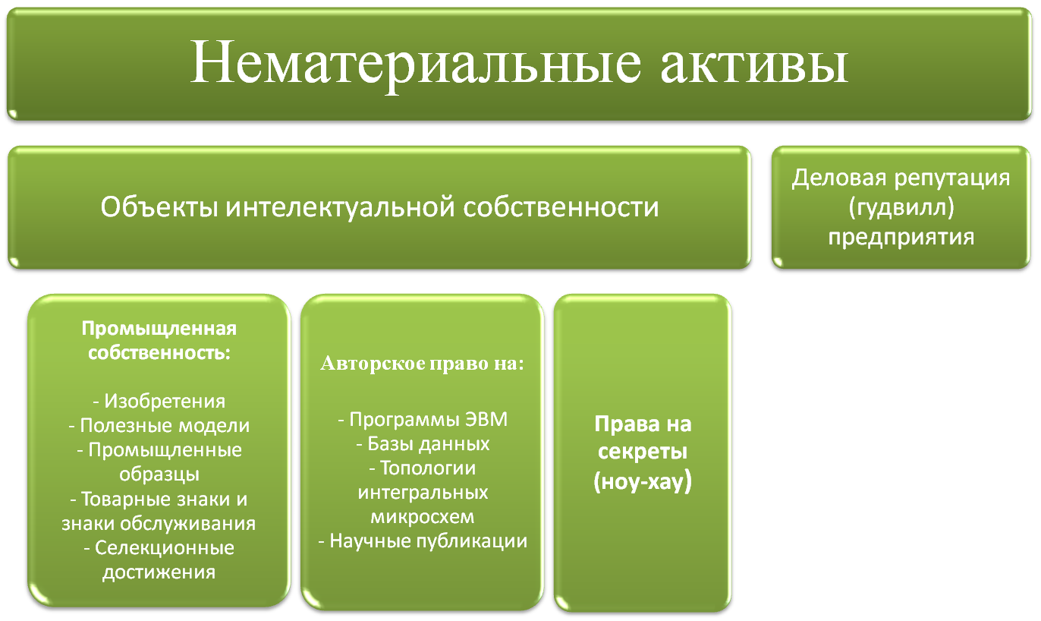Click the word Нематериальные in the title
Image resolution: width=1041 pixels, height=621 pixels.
[416, 63]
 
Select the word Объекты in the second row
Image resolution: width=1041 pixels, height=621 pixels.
[159, 206]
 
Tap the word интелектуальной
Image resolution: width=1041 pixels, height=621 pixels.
[340, 206]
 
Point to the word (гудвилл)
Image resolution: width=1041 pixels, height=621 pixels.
[901, 206]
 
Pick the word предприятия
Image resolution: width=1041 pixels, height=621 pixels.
[901, 237]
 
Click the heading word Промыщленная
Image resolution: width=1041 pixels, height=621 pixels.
[159, 329]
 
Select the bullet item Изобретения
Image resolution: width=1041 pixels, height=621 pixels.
[159, 401]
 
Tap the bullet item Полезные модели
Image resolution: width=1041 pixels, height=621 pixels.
[159, 425]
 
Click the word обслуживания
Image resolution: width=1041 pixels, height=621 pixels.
[187, 524]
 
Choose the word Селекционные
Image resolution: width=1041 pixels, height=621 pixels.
[165, 548]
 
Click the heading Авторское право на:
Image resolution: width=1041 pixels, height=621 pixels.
[422, 364]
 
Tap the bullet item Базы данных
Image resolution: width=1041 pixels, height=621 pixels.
[423, 444]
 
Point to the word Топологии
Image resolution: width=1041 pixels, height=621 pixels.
[428, 468]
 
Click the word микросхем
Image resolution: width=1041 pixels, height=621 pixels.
[423, 517]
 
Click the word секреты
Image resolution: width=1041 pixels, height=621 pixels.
[643, 452]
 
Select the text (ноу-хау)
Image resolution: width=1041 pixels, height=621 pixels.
[643, 481]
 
